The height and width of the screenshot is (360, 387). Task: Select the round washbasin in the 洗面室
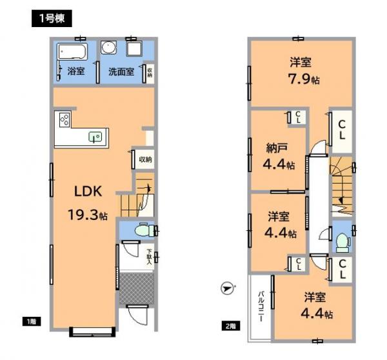108,50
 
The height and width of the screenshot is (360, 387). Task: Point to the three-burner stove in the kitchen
64,119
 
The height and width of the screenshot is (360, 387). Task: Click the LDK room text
85,191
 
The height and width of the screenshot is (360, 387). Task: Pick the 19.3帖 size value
84,214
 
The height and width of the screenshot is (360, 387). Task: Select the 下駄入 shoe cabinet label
149,257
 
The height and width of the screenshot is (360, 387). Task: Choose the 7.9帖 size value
301,80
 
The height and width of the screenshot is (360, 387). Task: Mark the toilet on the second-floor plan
342,240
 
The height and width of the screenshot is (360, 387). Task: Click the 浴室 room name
76,72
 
